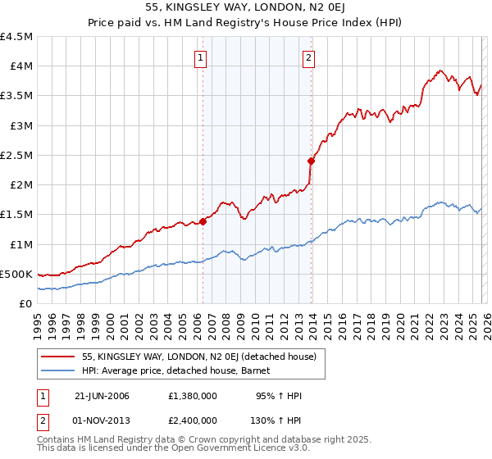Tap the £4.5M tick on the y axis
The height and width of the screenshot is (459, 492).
tap(16, 37)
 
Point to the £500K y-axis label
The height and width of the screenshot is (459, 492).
tap(16, 274)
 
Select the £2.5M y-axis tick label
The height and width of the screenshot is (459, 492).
tap(16, 155)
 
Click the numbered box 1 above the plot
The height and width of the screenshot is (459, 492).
tap(201, 57)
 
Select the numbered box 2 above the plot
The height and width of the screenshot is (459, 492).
tap(308, 57)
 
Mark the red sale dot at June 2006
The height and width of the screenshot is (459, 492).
tap(203, 221)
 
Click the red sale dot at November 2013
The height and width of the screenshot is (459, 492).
tap(311, 161)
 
